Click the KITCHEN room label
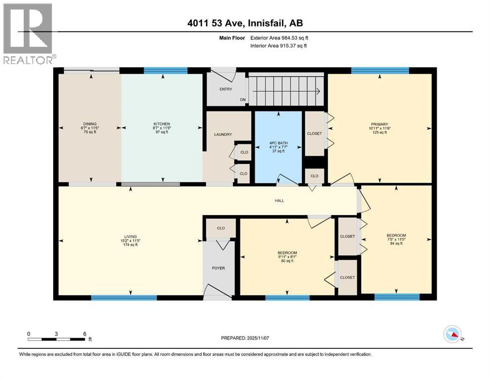(x=162, y=124)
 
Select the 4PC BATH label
(x=278, y=143)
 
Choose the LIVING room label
(x=130, y=236)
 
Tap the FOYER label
(x=218, y=268)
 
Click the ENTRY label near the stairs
(x=226, y=89)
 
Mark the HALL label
(x=279, y=200)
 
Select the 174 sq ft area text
(x=130, y=245)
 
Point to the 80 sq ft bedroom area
(x=287, y=261)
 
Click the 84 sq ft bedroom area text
(x=396, y=243)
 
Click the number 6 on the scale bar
(x=84, y=334)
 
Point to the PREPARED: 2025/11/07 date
(x=245, y=338)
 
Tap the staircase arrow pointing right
(x=316, y=90)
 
